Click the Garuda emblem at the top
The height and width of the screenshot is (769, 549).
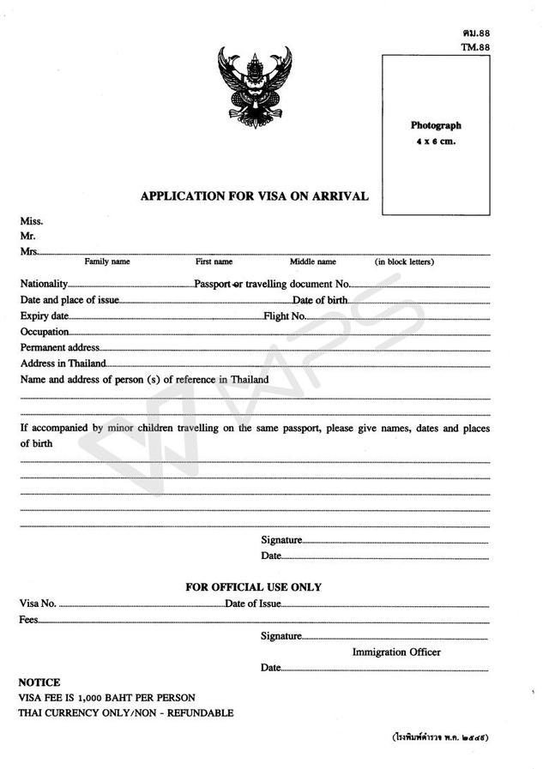point(255,86)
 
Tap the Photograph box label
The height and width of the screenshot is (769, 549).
point(436,126)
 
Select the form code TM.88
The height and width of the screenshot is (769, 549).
point(475,47)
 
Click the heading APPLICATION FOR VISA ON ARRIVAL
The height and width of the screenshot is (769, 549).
point(255,196)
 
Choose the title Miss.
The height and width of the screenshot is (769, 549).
point(31,221)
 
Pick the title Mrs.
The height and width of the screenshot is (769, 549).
point(29,251)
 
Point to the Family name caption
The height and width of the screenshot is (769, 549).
point(107,261)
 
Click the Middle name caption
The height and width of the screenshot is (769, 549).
point(312,261)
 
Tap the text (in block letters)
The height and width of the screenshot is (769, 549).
point(404,261)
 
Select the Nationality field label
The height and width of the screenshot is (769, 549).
point(44,283)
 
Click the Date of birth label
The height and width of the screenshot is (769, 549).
point(320,300)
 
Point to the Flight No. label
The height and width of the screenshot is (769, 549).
point(285,316)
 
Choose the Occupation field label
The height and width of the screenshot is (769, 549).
point(45,332)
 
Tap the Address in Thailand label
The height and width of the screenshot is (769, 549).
point(63,363)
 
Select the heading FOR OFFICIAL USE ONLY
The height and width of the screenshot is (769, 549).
point(254,587)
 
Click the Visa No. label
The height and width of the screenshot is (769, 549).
point(38,604)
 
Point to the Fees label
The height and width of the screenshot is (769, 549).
point(28,619)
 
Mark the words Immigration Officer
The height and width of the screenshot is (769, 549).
point(396,652)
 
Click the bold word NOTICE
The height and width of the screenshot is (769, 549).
point(39,682)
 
